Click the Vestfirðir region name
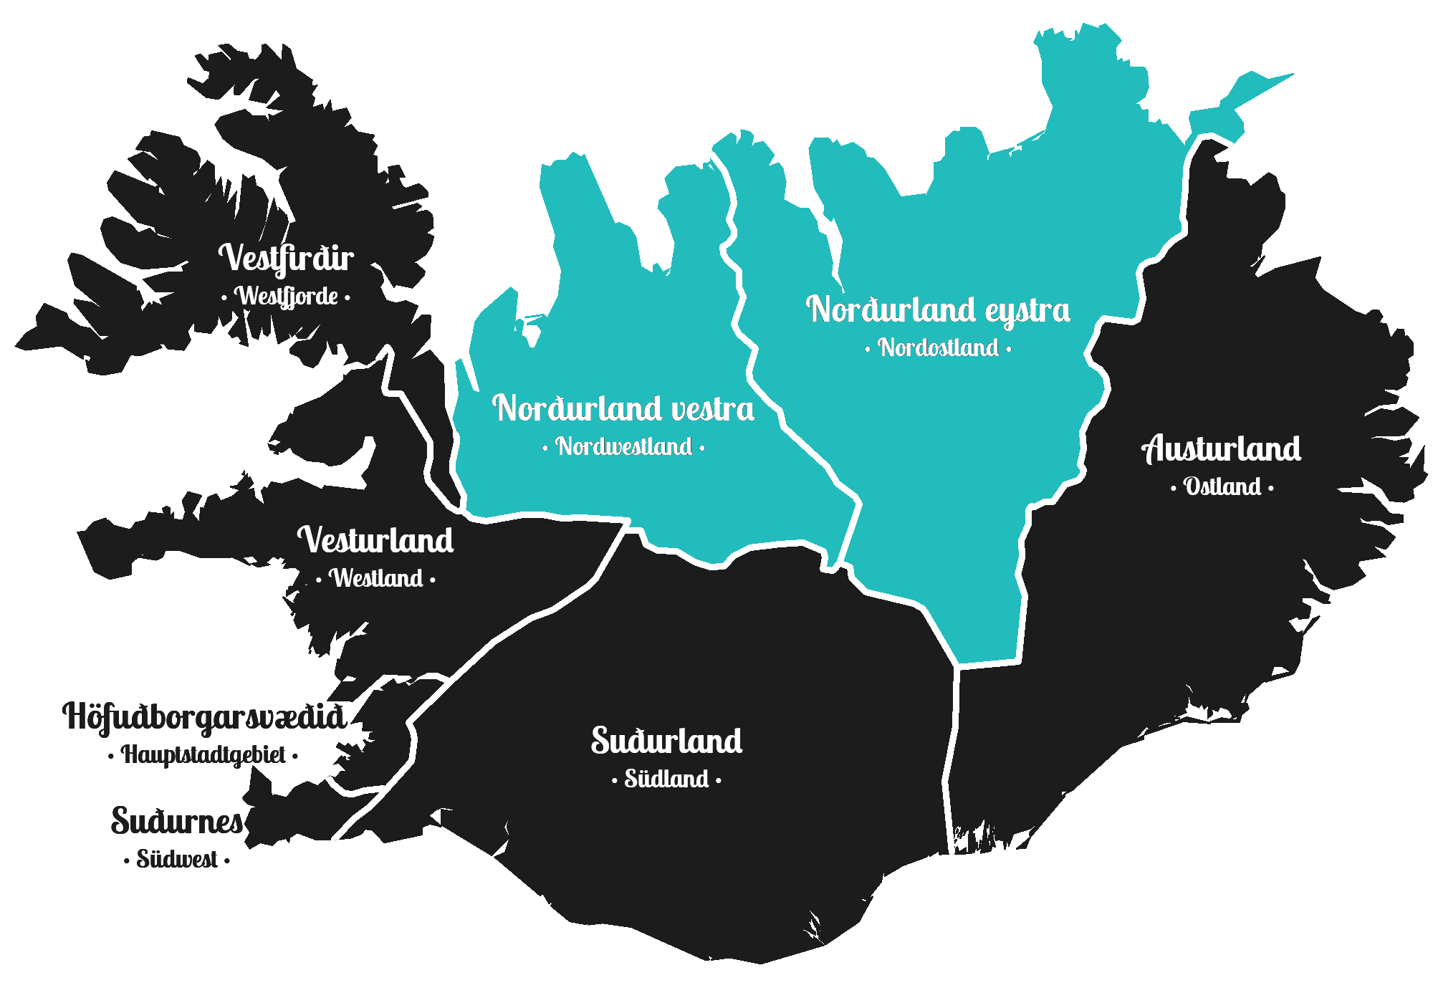coord(286,259)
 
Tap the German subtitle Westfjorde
coord(287,296)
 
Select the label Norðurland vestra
coord(623,408)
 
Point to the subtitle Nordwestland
coord(624,447)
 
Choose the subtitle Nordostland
coord(939,348)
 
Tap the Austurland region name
coord(1221,449)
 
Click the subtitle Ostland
coord(1222,487)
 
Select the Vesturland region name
coord(375,540)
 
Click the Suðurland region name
coord(666,741)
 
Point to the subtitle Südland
coord(666,779)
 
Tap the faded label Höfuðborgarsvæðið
coord(204,716)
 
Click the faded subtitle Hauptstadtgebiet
coord(203,754)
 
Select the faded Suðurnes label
coord(177,821)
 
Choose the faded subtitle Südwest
coord(177,859)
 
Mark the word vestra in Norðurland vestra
coord(713,409)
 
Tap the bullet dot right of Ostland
coord(1271,489)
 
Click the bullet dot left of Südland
coord(615,780)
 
